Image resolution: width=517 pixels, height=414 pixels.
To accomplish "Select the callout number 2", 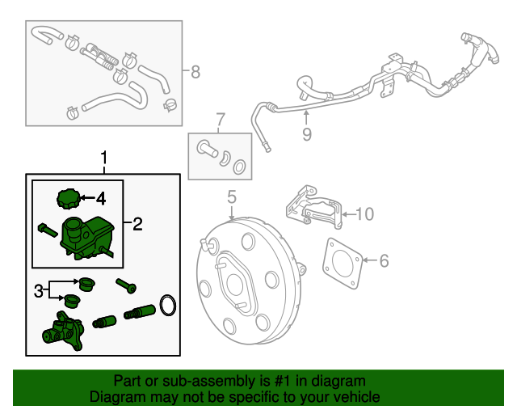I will click(x=137, y=224).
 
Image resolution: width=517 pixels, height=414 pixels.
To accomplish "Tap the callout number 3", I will click(x=37, y=290).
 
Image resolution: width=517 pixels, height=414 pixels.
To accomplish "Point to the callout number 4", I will click(x=101, y=197).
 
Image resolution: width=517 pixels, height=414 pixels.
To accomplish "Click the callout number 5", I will click(x=231, y=196).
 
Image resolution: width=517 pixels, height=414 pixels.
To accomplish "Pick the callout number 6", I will click(x=384, y=260).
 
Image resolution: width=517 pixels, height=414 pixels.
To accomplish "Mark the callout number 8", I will click(x=195, y=72).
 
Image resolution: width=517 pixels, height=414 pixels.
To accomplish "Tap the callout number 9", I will click(x=306, y=134).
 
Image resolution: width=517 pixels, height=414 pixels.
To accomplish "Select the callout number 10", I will click(x=365, y=214).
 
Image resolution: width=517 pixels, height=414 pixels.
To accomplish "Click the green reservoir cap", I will click(x=70, y=198).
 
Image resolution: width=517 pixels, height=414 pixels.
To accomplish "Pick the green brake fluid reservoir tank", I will click(x=89, y=235).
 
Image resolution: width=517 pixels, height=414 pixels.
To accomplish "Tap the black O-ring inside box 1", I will click(x=167, y=306).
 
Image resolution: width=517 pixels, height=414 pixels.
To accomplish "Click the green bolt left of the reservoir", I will click(x=47, y=230).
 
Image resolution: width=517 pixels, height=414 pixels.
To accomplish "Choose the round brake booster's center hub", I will click(x=238, y=285).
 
